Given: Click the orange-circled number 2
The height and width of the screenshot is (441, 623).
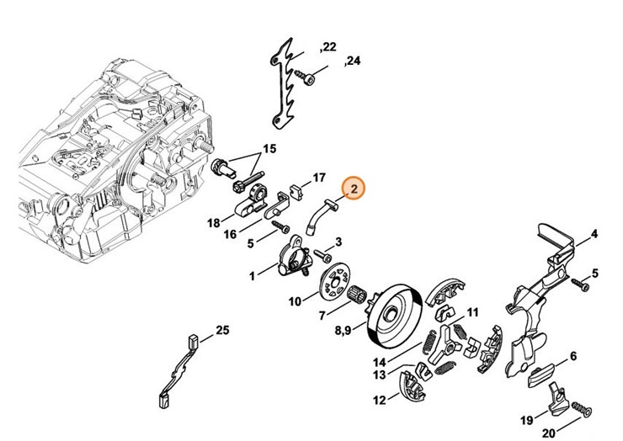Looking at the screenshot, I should point(354,189).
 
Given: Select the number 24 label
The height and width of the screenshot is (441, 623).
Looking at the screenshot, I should point(352,61).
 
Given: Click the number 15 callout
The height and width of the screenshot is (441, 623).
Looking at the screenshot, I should point(269,149).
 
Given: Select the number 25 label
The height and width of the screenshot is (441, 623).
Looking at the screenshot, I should point(222,330).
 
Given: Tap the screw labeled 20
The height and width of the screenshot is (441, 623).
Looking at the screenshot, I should point(578,410).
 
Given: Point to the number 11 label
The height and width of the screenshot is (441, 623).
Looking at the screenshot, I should point(472,312).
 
